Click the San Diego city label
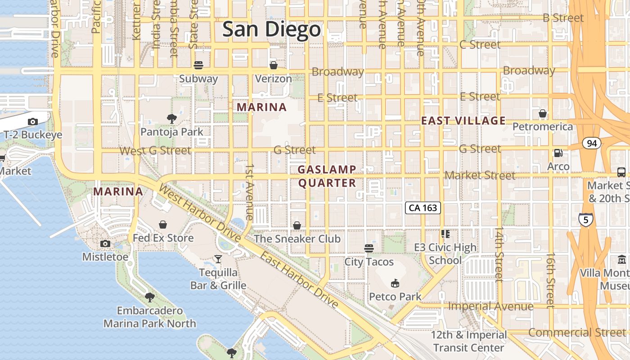(x=272, y=30)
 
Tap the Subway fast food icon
(x=198, y=65)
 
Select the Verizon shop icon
(x=273, y=65)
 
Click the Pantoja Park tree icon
(x=171, y=119)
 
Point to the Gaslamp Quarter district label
(x=327, y=176)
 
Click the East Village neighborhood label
(x=463, y=121)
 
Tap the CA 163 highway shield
(x=423, y=208)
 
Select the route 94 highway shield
(x=592, y=144)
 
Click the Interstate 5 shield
(x=585, y=220)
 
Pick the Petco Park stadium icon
(x=395, y=283)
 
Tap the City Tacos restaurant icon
(x=369, y=248)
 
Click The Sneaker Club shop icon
(x=297, y=225)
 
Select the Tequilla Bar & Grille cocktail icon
(x=218, y=259)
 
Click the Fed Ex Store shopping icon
(x=163, y=225)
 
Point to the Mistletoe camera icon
(x=105, y=244)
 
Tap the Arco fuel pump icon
(x=558, y=153)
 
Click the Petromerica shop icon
(x=543, y=113)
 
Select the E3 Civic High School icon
(x=445, y=234)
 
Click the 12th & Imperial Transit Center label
(x=468, y=342)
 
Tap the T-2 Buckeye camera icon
(x=32, y=121)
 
